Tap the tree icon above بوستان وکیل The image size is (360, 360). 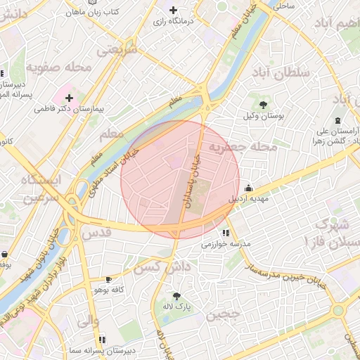coord(262,105)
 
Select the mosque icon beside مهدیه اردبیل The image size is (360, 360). coord(248,188)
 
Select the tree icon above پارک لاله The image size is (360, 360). coord(176,296)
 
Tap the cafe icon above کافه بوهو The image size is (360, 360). coord(108,279)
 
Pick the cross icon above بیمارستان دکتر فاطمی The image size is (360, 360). coord(69,98)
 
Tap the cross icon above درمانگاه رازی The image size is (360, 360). coord(174,10)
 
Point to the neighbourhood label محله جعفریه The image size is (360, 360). coord(245,148)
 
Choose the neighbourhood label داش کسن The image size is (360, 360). coord(163,267)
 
